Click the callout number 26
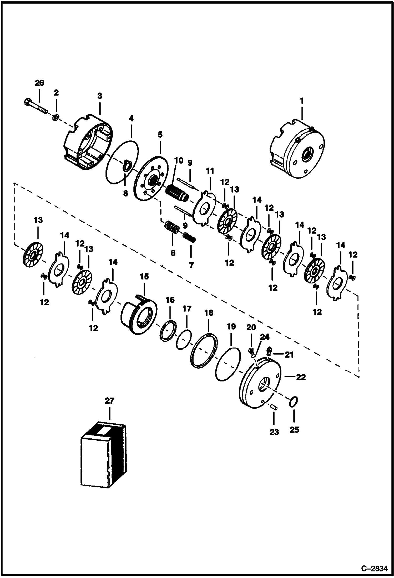[x=39, y=83]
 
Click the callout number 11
[x=210, y=171]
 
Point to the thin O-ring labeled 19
[x=228, y=364]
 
